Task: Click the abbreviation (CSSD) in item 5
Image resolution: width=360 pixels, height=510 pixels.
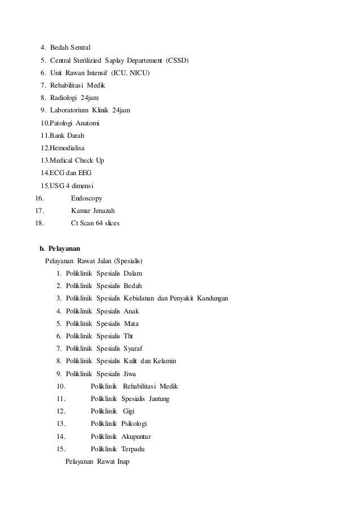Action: tap(178, 60)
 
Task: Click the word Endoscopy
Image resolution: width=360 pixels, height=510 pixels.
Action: tap(86, 198)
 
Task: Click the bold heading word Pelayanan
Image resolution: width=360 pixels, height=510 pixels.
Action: tap(64, 249)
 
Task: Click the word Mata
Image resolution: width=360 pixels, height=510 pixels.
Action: tap(131, 324)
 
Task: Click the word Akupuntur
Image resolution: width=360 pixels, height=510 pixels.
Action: tap(136, 437)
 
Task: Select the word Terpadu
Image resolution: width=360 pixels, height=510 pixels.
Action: tap(134, 449)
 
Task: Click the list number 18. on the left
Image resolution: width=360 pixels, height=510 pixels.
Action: tap(39, 223)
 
